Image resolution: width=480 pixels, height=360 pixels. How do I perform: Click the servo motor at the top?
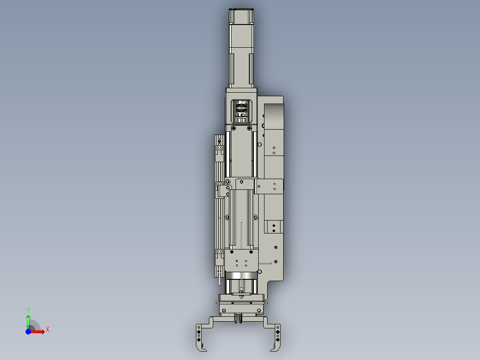click(x=241, y=49)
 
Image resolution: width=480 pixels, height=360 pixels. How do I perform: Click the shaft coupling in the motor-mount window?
click(x=241, y=110)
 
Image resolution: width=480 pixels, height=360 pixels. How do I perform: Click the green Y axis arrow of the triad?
click(x=28, y=320)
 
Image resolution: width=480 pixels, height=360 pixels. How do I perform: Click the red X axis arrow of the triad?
click(x=38, y=331)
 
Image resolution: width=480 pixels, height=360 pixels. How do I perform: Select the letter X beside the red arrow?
click(x=47, y=329)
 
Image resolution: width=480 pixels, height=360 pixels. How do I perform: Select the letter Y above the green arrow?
click(x=28, y=309)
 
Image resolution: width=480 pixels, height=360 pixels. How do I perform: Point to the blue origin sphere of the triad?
click(x=28, y=331)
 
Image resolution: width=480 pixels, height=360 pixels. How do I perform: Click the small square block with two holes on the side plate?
click(x=273, y=227)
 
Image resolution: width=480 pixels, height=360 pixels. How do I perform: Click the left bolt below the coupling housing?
click(x=233, y=128)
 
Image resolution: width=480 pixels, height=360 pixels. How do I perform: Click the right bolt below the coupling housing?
click(x=249, y=128)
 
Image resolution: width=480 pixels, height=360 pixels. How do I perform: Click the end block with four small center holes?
click(x=241, y=260)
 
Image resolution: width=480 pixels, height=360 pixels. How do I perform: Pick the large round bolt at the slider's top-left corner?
click(x=228, y=182)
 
